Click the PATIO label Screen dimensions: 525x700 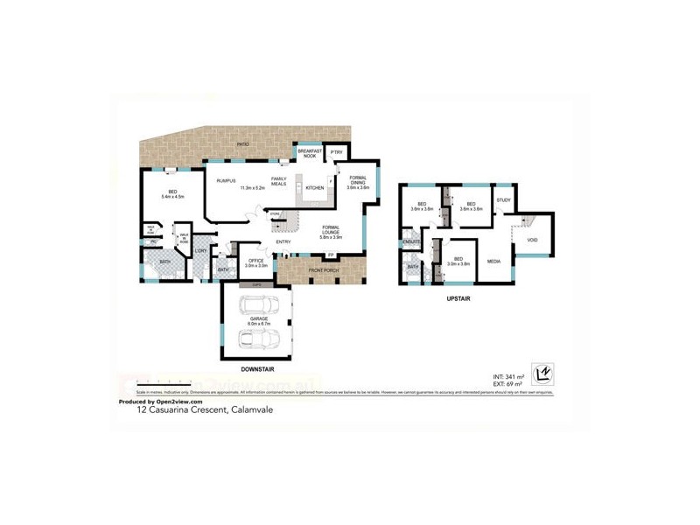click(x=243, y=144)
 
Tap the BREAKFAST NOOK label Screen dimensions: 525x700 click(x=310, y=152)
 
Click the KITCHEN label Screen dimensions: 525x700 click(x=315, y=187)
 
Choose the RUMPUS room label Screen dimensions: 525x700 click(x=227, y=180)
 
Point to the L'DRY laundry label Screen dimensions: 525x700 click(x=200, y=251)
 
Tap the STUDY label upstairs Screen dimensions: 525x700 click(x=503, y=200)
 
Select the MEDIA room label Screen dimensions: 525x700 click(x=493, y=261)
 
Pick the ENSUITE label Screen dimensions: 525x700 click(x=411, y=241)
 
